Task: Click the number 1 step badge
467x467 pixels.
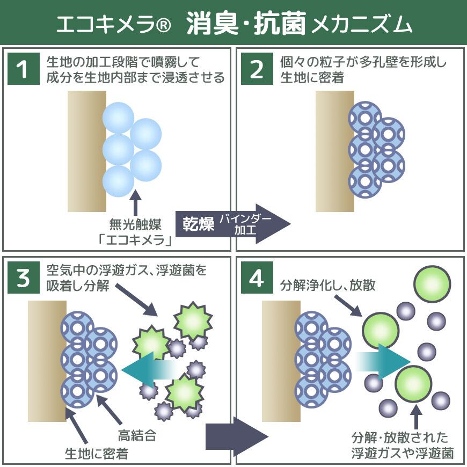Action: [x=23, y=70]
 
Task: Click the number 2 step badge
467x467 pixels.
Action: [x=257, y=70]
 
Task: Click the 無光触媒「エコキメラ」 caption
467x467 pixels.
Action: [x=135, y=231]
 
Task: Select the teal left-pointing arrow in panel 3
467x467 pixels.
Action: [x=150, y=370]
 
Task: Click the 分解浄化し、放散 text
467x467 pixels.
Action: [x=328, y=285]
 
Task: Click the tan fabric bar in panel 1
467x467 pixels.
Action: [x=87, y=144]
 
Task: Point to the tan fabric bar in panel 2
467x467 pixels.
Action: [x=334, y=144]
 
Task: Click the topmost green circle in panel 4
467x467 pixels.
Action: [x=432, y=283]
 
